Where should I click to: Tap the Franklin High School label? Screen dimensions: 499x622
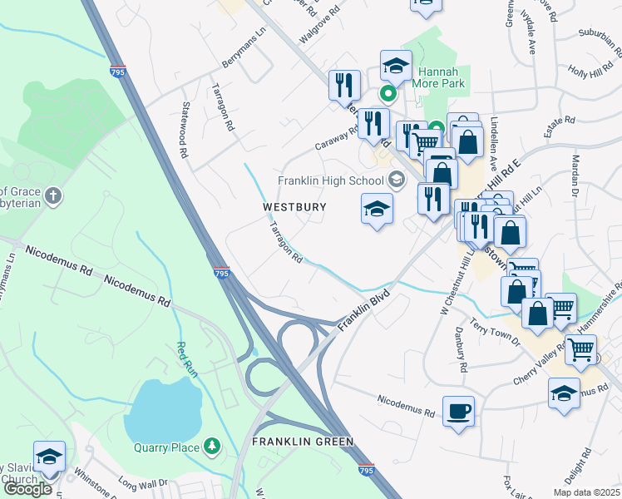331,180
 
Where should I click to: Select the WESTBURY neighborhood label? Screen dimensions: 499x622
294,206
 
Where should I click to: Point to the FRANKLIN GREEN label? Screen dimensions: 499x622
304,442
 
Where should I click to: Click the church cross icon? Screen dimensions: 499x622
53,196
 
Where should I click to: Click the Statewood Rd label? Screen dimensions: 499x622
184,131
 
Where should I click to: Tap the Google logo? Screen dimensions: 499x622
27,490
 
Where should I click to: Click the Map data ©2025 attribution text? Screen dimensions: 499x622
585,492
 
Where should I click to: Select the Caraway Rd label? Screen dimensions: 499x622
334,139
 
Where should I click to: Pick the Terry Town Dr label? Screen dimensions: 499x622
494,333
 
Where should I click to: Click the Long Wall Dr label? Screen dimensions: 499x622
142,482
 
